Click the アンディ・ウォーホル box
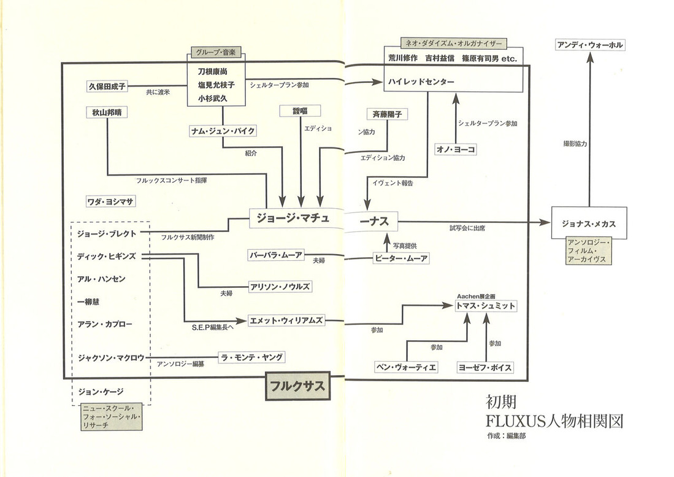click(589, 45)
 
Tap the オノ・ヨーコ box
click(456, 149)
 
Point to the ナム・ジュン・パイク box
click(223, 131)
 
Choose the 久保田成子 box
click(107, 87)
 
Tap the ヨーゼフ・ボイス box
click(484, 368)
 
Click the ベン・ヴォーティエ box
click(406, 368)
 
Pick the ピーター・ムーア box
click(400, 258)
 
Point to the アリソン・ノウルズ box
click(280, 286)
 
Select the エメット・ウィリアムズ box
click(286, 320)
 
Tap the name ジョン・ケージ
click(105, 391)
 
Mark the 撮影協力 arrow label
click(575, 143)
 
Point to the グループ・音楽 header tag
click(216, 53)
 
